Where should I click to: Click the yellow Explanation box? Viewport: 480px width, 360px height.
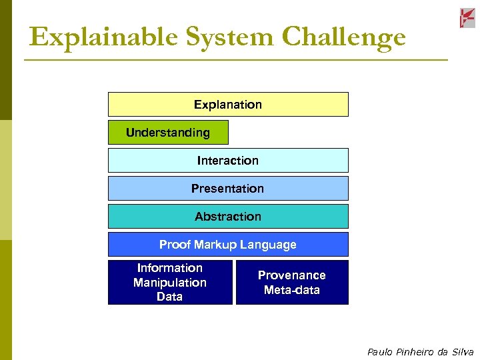tap(228, 105)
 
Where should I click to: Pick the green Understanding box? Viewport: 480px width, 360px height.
tap(168, 133)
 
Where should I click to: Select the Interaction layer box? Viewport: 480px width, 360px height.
tap(228, 161)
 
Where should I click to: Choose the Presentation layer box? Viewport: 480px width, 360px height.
tap(228, 189)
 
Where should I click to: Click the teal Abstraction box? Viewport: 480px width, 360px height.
tap(228, 217)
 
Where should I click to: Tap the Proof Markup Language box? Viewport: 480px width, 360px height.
tap(228, 245)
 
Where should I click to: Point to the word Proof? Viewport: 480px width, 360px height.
tap(175, 245)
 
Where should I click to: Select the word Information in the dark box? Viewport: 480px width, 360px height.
tap(170, 268)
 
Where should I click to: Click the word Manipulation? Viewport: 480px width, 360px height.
tap(170, 283)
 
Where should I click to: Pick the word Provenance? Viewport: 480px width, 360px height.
tap(292, 275)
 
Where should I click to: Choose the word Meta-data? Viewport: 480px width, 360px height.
tap(292, 290)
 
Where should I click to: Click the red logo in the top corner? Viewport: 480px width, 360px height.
tap(467, 18)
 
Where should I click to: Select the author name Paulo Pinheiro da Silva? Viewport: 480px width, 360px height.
tap(420, 352)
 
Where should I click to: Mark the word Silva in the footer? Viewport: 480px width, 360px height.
tap(462, 352)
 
